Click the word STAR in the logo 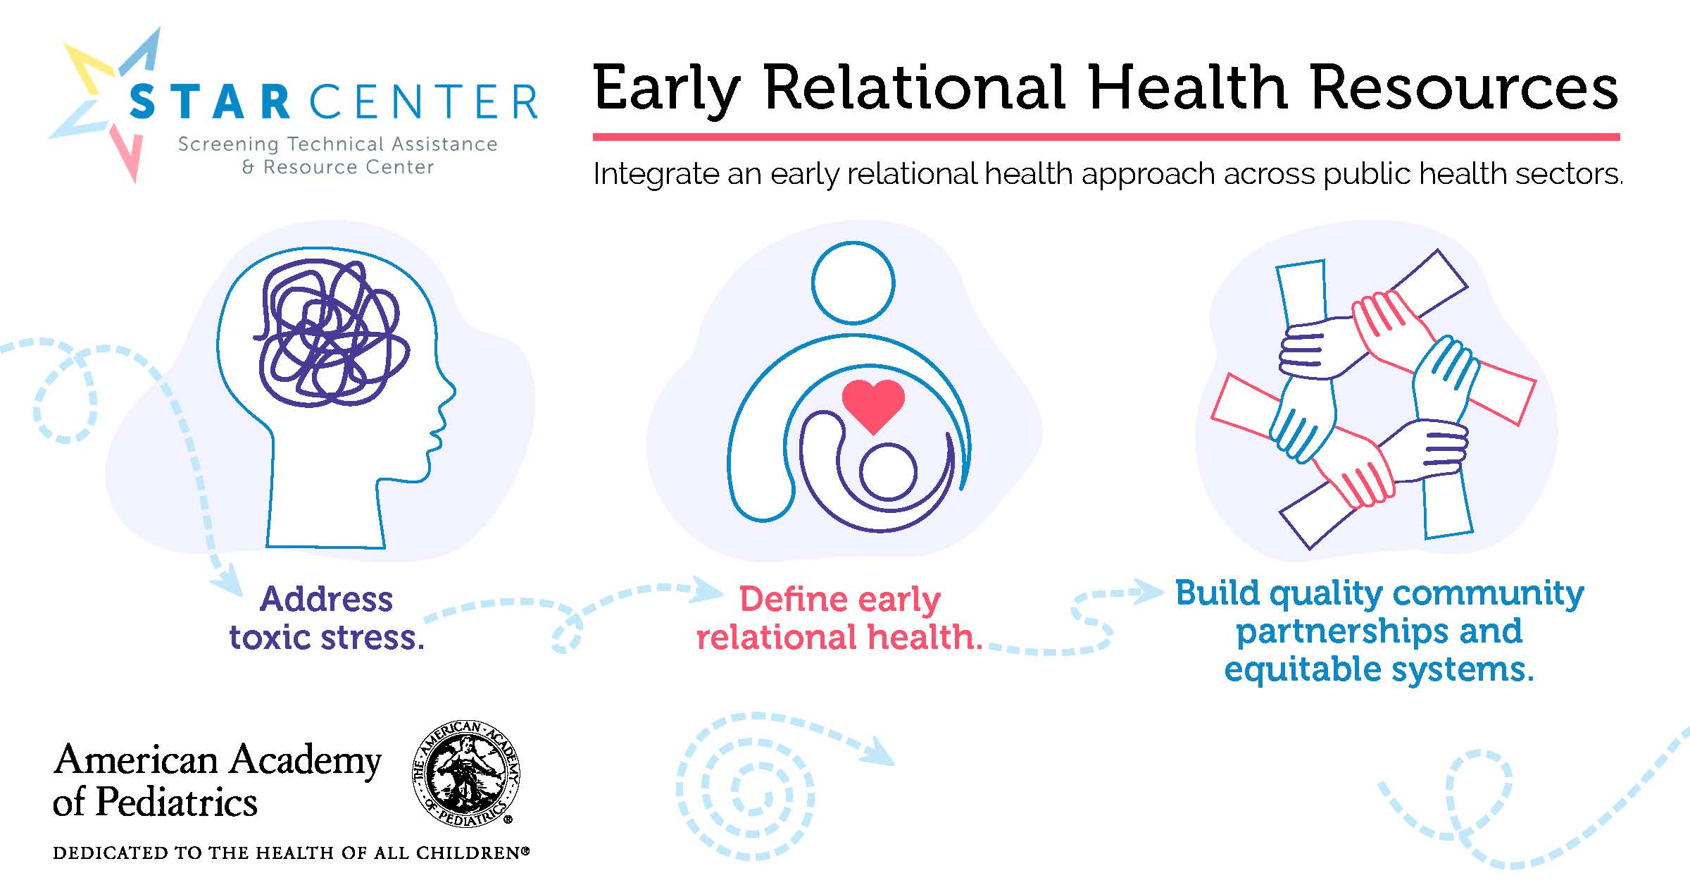pos(210,101)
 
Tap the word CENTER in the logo pos(423,101)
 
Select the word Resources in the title pos(1465,88)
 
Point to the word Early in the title pos(666,90)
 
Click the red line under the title pos(1106,137)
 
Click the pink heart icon pos(873,405)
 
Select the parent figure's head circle pos(853,283)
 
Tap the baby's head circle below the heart pos(888,472)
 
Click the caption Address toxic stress pos(327,618)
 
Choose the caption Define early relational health pos(839,618)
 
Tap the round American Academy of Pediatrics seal pos(465,773)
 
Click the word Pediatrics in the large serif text pos(177,802)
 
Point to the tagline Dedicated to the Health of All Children pos(291,853)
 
